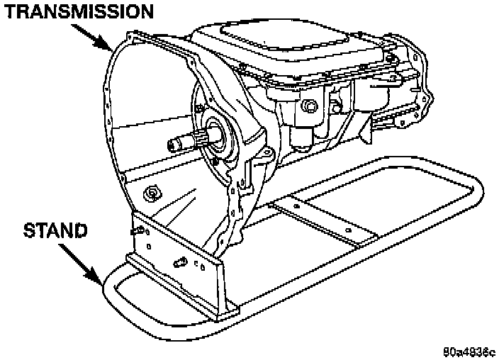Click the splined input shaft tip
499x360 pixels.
pyautogui.click(x=174, y=145)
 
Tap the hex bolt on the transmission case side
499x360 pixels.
pyautogui.click(x=309, y=106)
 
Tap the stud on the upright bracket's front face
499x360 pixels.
pyautogui.click(x=180, y=263)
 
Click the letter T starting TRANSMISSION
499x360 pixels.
pyautogui.click(x=13, y=12)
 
